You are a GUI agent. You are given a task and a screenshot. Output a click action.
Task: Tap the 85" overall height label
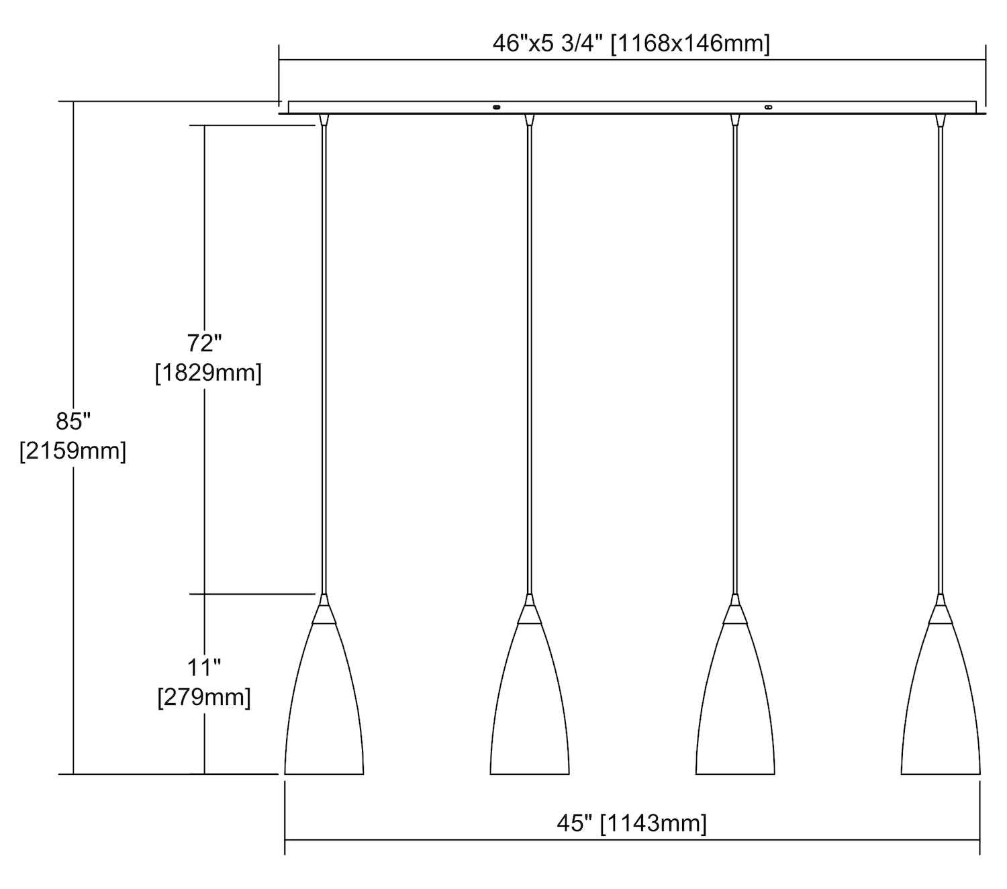(x=73, y=422)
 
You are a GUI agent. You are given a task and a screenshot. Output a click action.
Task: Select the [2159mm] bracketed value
(x=73, y=451)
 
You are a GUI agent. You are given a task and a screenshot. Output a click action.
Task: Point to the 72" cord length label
(x=204, y=343)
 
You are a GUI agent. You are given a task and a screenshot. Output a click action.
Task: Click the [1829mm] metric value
(x=208, y=373)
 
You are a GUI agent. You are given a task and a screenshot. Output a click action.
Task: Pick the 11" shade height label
(x=204, y=667)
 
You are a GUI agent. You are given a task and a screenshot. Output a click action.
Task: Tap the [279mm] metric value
(x=204, y=697)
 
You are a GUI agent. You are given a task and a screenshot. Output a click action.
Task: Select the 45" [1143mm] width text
(x=631, y=823)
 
